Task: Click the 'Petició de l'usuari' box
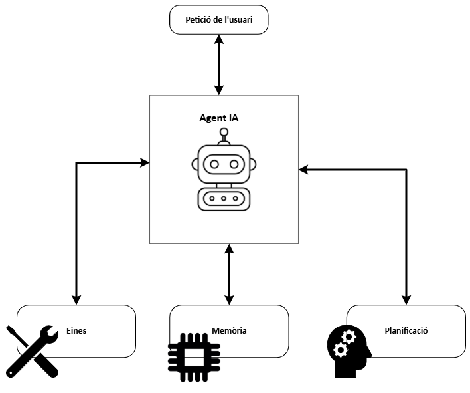(219, 20)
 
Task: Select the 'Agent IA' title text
(219, 118)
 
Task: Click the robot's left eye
(214, 163)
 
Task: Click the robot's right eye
(234, 163)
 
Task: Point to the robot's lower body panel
(224, 199)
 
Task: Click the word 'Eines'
(76, 330)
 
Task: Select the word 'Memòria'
(229, 330)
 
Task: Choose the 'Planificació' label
(405, 330)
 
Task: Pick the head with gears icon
(350, 349)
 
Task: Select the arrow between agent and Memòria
(229, 274)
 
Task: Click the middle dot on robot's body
(224, 199)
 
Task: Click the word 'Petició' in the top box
(200, 20)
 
